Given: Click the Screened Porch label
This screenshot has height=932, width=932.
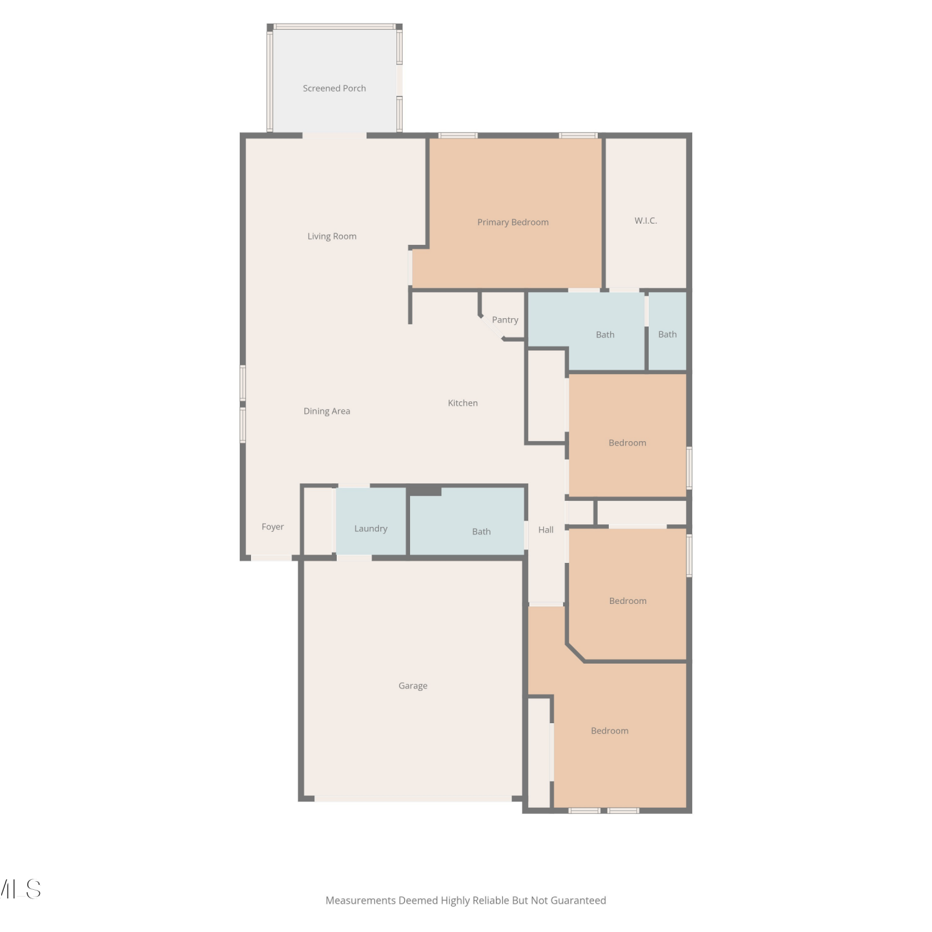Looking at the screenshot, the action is click(x=334, y=88).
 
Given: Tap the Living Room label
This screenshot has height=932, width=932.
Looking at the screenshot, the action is click(x=332, y=236).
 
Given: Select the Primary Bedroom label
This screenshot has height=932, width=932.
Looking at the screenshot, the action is click(x=513, y=222).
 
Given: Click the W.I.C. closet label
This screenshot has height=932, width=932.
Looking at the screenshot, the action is click(x=646, y=221).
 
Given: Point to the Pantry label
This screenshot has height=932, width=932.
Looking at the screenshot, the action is click(x=505, y=320).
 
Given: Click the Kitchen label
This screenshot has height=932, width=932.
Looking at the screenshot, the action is click(x=463, y=403).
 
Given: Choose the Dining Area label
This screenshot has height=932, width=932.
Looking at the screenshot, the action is click(x=327, y=411).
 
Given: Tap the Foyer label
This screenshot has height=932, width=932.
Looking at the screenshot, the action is click(x=273, y=527).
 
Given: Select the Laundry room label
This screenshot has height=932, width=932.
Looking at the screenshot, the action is click(x=371, y=529).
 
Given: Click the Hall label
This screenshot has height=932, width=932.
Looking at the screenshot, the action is click(x=546, y=530).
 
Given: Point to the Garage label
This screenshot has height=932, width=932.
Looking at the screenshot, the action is click(x=413, y=686).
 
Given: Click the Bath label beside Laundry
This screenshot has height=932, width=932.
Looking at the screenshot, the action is click(x=482, y=532).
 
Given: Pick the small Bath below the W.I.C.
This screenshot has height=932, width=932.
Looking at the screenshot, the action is click(x=667, y=334).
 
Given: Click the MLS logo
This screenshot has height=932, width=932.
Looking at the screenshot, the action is click(x=20, y=889).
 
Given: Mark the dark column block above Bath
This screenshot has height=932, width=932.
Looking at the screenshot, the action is click(x=425, y=491).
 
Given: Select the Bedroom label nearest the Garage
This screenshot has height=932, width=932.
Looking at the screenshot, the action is click(x=610, y=731).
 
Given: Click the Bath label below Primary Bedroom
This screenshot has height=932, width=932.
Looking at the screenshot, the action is click(x=605, y=335).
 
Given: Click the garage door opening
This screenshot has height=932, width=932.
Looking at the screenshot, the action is click(x=413, y=798).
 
